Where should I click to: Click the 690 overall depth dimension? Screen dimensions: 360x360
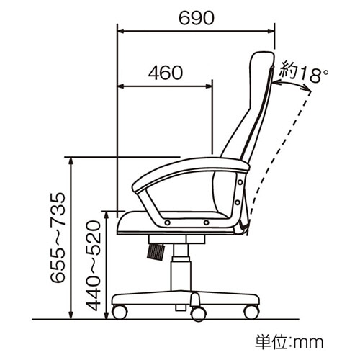[197, 18]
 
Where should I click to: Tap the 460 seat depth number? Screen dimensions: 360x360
[166, 73]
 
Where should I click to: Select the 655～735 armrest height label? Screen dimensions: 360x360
[58, 238]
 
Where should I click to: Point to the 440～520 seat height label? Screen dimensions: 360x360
[93, 266]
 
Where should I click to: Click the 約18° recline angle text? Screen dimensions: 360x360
[305, 71]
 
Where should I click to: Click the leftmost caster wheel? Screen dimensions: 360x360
[120, 312]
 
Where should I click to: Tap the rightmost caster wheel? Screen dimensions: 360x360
[251, 312]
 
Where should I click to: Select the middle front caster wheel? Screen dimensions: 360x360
[198, 313]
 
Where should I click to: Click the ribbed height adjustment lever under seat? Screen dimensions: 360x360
[156, 251]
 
